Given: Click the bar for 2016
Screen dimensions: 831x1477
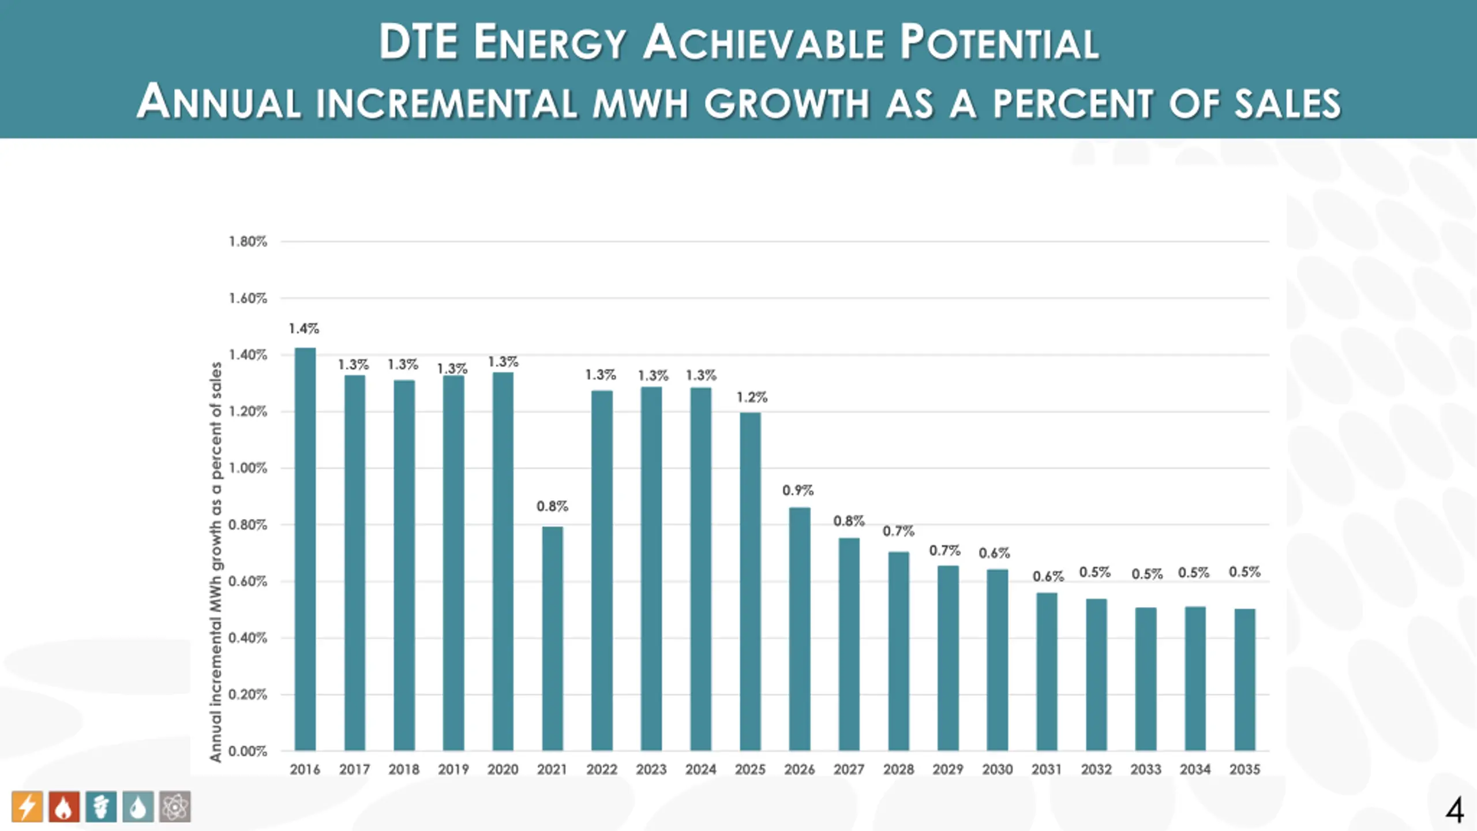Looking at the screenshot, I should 305,548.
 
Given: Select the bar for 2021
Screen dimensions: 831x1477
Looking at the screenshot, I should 552,638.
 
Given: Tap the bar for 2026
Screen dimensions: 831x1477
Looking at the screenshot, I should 800,629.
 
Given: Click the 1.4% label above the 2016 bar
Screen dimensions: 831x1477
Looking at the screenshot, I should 304,329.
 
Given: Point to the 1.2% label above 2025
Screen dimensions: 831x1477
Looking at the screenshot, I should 752,398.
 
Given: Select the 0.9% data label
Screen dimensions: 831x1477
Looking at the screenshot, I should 798,491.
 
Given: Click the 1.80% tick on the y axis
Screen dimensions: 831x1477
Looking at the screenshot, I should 248,242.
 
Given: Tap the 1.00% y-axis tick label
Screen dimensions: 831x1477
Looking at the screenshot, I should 248,468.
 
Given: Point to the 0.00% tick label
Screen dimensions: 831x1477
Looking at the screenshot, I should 248,751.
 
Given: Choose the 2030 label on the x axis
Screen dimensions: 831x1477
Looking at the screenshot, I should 997,769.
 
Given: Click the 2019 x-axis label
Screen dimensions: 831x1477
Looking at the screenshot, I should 453,769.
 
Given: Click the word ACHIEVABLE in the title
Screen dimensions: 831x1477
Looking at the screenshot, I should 763,43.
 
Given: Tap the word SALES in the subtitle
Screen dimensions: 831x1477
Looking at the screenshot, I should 1287,103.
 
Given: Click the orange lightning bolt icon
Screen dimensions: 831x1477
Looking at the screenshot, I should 27,806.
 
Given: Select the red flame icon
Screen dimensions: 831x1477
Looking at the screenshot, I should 64,806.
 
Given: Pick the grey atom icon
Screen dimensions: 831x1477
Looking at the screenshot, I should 175,806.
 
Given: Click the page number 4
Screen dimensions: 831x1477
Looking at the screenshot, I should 1454,811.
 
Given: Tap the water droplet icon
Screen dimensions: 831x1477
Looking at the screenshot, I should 138,806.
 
